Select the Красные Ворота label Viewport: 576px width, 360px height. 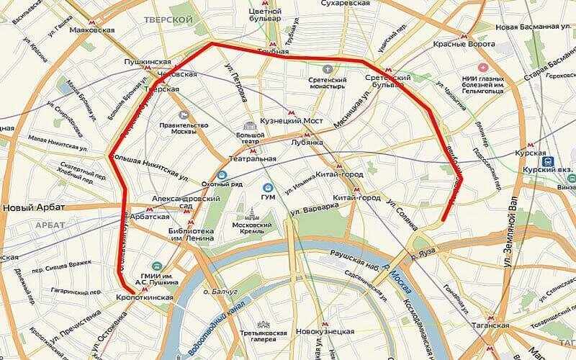(464, 45)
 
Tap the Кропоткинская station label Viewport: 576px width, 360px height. (145, 297)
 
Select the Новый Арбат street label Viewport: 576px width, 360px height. (34, 207)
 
